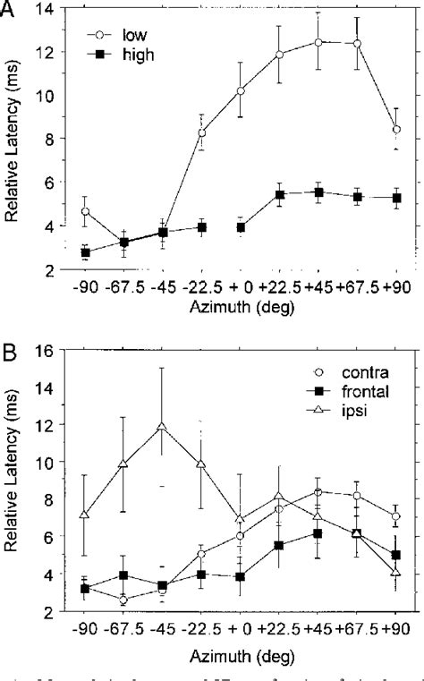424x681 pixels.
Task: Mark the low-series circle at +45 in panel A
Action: tap(318, 41)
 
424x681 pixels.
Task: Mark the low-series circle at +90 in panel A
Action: tap(395, 130)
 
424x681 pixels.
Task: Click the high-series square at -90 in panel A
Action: tap(85, 252)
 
